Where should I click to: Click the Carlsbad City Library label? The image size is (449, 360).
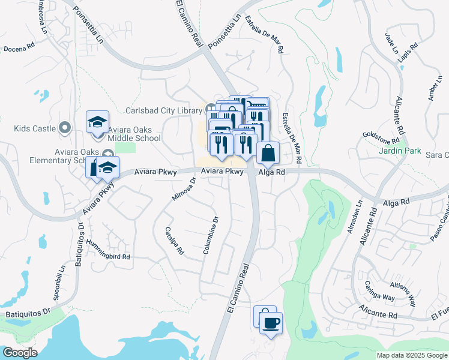(x=164, y=110)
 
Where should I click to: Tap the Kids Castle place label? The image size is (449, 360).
(x=35, y=128)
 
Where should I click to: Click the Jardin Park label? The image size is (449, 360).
(x=400, y=151)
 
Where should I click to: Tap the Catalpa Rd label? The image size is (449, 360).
(x=175, y=240)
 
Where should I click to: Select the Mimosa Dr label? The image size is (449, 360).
(x=185, y=188)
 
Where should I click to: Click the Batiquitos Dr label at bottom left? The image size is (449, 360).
(x=28, y=313)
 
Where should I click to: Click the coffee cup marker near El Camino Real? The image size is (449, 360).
(x=270, y=322)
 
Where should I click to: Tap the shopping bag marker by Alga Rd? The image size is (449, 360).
(x=268, y=153)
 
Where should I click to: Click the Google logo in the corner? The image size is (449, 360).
(x=20, y=353)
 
